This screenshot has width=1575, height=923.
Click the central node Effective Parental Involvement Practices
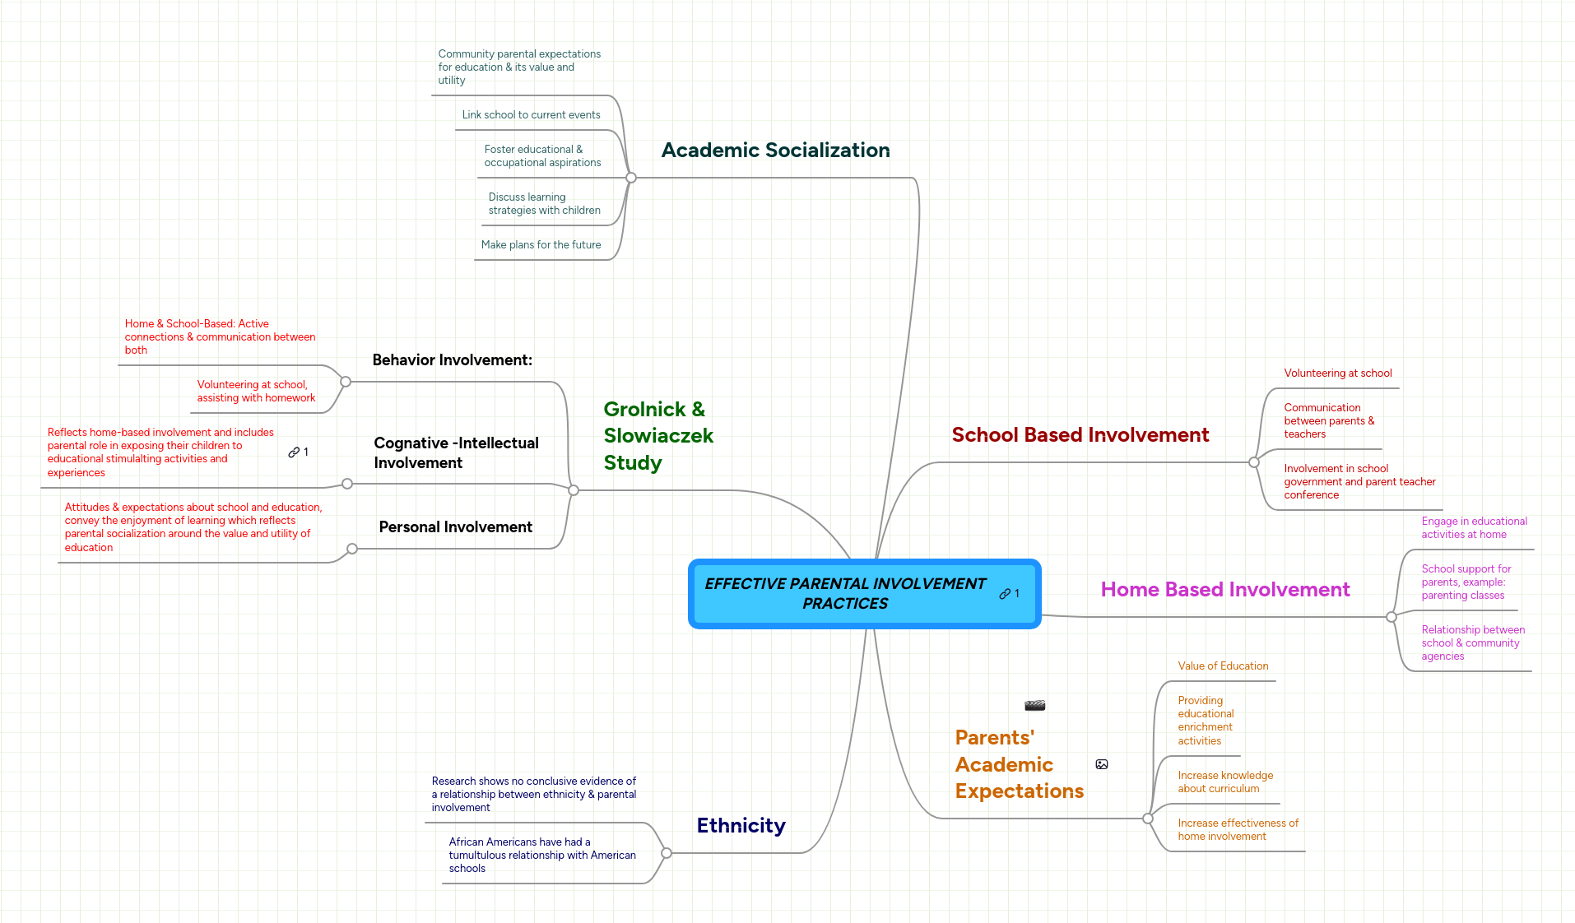(845, 593)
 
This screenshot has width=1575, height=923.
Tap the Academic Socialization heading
(775, 151)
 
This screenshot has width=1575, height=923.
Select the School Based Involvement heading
(1080, 435)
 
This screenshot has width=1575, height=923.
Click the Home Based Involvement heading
(1224, 590)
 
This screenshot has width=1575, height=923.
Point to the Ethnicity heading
(741, 826)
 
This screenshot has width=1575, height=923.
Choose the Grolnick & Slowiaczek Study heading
(657, 436)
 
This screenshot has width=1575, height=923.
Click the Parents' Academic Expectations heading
(1019, 764)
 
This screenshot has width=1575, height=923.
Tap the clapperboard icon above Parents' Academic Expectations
(1034, 705)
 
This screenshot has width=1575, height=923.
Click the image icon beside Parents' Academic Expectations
(1102, 764)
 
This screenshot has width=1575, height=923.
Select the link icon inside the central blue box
(1005, 594)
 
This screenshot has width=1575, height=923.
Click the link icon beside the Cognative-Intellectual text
(294, 452)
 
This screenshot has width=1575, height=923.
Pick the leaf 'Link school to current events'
(531, 115)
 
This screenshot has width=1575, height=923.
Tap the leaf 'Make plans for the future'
(541, 245)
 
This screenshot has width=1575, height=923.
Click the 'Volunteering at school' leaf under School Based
(1337, 373)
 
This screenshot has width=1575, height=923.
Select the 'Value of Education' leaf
(1223, 666)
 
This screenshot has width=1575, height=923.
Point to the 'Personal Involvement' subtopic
(455, 527)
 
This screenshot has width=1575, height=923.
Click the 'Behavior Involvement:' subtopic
(452, 360)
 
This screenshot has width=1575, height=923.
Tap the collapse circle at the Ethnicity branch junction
(667, 853)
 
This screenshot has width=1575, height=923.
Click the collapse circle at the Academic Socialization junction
(631, 178)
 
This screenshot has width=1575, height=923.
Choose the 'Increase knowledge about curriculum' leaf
(1224, 782)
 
